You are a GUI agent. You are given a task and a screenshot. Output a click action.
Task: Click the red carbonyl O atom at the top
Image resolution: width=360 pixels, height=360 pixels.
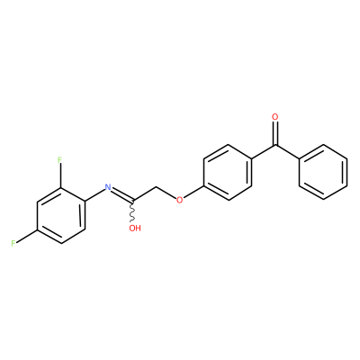(x=275, y=116)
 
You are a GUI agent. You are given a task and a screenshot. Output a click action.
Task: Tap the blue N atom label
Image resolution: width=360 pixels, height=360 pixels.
(x=108, y=187)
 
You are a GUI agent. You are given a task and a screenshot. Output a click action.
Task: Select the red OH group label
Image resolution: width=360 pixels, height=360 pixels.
(x=135, y=229)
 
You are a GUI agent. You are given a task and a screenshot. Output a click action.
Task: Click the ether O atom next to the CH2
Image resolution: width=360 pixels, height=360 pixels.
(x=179, y=200)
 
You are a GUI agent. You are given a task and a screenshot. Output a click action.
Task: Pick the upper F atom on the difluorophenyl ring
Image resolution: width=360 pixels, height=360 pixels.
(x=59, y=160)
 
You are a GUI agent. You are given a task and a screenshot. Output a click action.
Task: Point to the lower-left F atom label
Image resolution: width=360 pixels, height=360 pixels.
(x=13, y=243)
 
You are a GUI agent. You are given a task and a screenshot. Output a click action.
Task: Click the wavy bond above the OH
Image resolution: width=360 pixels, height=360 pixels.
(x=132, y=211)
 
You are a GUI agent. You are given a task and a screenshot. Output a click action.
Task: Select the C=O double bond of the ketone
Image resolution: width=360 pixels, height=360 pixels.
(x=275, y=133)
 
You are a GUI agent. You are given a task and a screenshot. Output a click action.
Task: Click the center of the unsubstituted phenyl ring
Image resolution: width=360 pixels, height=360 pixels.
(x=323, y=172)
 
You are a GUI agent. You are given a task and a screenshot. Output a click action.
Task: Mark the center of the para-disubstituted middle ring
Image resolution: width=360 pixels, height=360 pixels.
(x=228, y=172)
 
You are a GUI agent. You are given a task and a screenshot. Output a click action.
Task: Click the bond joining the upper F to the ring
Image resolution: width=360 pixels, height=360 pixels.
(x=60, y=176)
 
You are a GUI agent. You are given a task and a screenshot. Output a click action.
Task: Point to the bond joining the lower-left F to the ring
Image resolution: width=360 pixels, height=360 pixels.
(x=26, y=236)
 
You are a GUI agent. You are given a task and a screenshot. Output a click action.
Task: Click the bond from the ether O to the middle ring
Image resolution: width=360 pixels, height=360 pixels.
(x=193, y=191)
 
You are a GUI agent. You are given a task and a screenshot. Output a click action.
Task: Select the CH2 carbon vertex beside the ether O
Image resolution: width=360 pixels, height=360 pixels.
(x=156, y=188)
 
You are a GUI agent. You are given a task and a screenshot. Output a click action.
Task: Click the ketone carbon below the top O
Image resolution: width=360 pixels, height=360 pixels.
(x=275, y=146)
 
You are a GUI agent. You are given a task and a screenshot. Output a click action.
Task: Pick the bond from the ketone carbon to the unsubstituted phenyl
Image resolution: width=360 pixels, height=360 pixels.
(x=287, y=152)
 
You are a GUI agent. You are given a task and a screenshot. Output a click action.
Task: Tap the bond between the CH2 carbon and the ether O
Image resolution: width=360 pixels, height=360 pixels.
(x=166, y=193)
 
